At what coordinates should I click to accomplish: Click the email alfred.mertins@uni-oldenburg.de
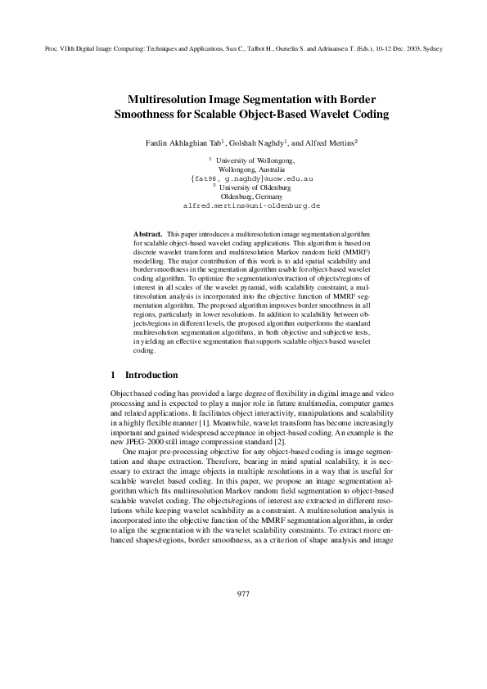243,207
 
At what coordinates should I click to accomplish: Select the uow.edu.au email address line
243,178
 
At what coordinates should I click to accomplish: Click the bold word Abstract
148,233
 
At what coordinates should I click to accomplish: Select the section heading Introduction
151,375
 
